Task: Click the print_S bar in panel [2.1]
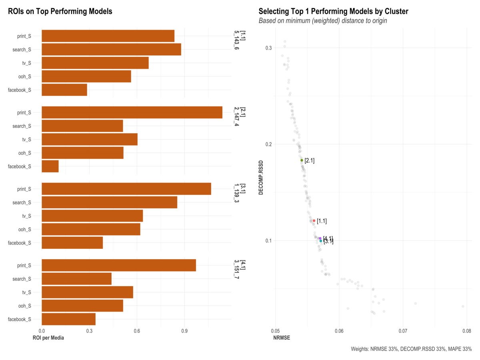tap(132, 112)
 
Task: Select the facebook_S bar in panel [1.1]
tap(64, 90)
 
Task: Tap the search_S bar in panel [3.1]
tap(109, 202)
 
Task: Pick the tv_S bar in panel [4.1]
tap(87, 292)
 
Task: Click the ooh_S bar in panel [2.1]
tap(82, 153)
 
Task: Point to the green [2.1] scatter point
tap(302, 160)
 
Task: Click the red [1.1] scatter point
tap(314, 221)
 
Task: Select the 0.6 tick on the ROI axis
tap(137, 331)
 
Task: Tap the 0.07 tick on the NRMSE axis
tap(403, 331)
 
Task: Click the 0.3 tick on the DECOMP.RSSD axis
tap(268, 48)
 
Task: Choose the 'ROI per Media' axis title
tap(48, 338)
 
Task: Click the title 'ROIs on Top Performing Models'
tap(60, 12)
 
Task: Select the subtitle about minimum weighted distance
tap(323, 21)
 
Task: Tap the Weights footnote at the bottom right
tap(411, 349)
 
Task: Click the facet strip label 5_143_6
tap(237, 42)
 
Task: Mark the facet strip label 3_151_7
tap(237, 271)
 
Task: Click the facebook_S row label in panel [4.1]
tap(19, 319)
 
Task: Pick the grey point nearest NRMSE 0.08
tap(463, 306)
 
